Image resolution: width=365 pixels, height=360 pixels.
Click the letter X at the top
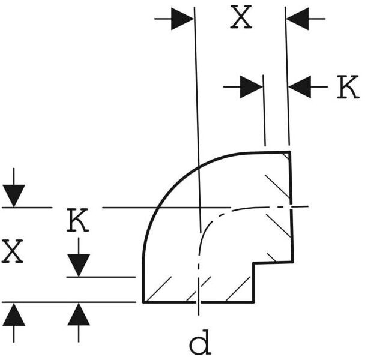241,19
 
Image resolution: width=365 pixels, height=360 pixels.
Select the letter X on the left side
13,252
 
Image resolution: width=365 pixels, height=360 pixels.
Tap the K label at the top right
347,88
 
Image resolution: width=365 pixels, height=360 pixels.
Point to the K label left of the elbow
77,221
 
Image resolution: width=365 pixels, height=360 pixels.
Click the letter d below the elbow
199,344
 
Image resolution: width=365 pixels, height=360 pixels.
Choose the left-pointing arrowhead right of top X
298,19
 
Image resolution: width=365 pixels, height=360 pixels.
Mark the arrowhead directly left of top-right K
300,88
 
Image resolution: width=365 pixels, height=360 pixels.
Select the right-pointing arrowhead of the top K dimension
252,88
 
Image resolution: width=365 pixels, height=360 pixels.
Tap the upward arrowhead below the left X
14,314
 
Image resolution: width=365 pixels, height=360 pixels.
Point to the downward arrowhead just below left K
79,265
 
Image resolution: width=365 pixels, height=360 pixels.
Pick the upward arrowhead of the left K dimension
79,314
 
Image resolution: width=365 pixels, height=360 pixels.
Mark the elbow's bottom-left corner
143,302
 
